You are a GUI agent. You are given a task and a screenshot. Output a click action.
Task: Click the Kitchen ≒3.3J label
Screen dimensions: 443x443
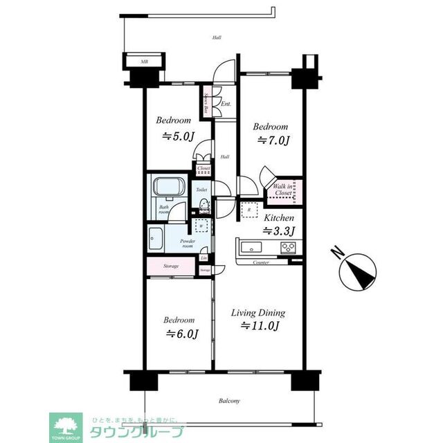280,224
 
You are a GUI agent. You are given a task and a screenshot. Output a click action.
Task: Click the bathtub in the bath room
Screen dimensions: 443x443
167,188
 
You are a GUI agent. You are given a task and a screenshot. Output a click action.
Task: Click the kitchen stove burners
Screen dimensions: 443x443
288,248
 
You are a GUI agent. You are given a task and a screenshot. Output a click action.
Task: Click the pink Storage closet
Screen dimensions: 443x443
172,266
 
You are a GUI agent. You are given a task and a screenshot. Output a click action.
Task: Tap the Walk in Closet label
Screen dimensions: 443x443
284,190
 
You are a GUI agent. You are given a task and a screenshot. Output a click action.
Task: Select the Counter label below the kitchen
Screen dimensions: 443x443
261,263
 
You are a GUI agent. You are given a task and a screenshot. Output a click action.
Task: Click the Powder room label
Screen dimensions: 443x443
188,243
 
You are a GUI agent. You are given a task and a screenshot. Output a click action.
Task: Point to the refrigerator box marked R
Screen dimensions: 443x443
248,209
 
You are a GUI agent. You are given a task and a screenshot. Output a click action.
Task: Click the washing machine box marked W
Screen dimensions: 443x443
201,226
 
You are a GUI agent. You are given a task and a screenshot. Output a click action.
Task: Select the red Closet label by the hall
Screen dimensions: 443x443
204,168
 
